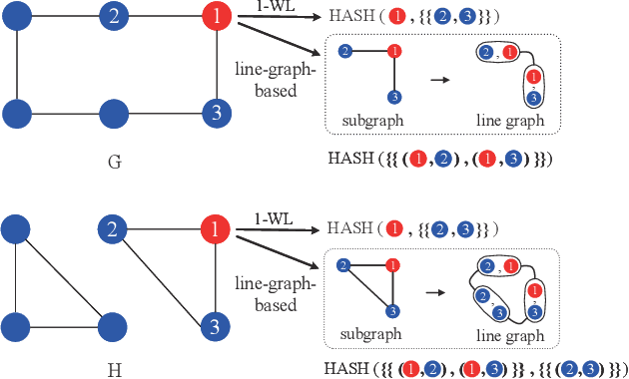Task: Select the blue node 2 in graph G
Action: pos(115,16)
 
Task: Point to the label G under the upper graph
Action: pos(114,163)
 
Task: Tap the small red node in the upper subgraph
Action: pos(395,50)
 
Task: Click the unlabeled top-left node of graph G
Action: pos(16,16)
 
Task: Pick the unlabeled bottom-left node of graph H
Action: pos(16,325)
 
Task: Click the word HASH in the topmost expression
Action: pos(350,18)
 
